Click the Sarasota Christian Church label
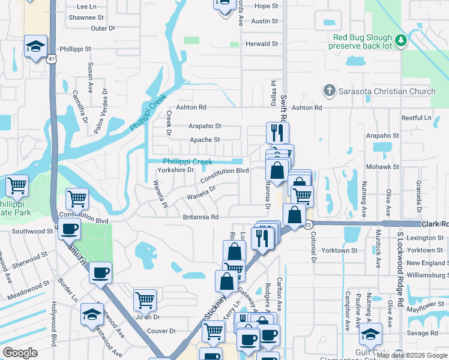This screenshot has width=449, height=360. pos(387,91)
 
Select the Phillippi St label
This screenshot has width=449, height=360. pos(75,49)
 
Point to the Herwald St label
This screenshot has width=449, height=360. pos(262,44)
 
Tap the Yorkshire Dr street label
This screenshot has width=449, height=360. pos(176,170)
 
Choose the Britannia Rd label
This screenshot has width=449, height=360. pos(200,217)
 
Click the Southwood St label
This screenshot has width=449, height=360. pos(32,231)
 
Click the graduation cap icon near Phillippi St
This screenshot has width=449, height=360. pos(35,46)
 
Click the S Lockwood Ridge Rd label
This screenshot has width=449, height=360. pos(400,270)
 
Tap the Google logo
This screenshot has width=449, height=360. pos(20,353)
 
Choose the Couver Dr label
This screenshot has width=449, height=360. pos(161,331)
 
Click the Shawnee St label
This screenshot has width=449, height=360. pos(83,17)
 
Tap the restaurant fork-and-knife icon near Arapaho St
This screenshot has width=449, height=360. pos(277,132)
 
